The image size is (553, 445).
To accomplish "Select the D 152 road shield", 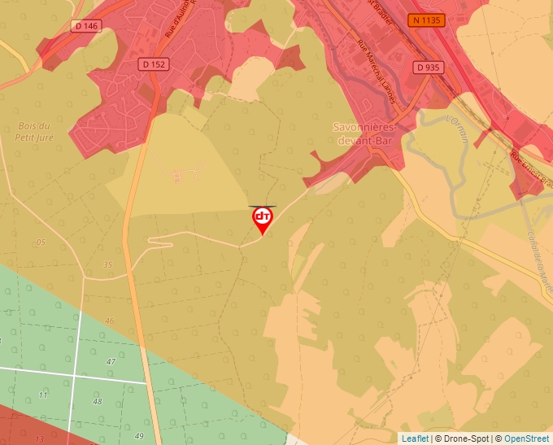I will click(153, 64).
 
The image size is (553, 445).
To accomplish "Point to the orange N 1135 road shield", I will click(428, 20).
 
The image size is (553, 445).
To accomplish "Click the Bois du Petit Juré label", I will click(33, 131).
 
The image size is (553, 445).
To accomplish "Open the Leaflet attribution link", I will click(415, 438).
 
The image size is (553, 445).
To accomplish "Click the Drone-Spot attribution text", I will click(460, 438).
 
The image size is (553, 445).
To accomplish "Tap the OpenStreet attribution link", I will click(526, 438).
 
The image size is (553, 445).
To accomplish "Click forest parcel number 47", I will click(111, 360).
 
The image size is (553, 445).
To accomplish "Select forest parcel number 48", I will click(98, 401).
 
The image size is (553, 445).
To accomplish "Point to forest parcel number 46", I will click(110, 321).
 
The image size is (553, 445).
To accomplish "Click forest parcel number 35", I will click(107, 264).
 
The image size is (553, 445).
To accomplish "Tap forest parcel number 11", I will click(41, 395).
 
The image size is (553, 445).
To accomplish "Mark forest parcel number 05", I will click(41, 242).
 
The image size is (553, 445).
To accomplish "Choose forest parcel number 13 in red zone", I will click(38, 438).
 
